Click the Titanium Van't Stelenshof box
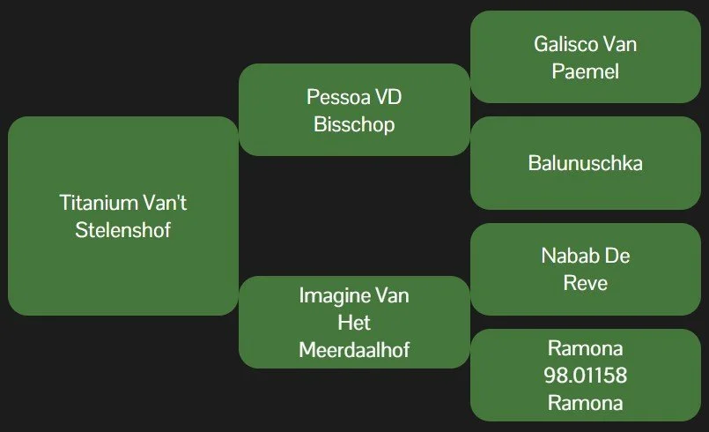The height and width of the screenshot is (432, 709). pos(123,216)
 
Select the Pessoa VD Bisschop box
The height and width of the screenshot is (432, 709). pos(354,109)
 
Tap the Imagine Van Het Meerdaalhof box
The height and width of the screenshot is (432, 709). pos(354,322)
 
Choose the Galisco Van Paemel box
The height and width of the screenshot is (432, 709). pos(585,56)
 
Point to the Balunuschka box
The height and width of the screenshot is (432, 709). pos(585,163)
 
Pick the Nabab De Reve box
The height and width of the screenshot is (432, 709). pos(585,269)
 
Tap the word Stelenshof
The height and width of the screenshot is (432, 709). pos(123,231)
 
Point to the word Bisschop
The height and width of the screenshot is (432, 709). pos(354,124)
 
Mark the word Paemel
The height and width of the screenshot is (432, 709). pos(585,71)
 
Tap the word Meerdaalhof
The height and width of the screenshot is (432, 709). pos(354,350)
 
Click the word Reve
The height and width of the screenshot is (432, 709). pos(585,284)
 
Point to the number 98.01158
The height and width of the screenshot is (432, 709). pos(585,376)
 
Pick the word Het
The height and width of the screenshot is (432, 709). pos(354,322)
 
